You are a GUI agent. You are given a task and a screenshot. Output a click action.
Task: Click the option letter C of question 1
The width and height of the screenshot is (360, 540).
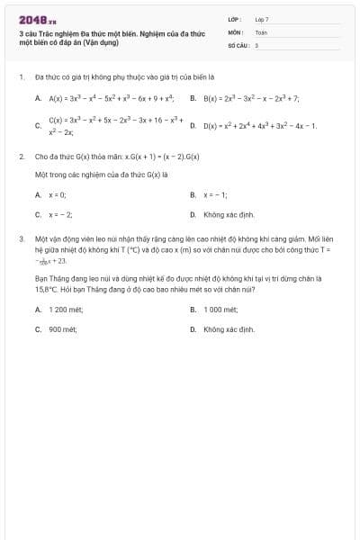(38, 126)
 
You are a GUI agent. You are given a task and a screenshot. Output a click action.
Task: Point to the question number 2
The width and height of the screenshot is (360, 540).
(21, 157)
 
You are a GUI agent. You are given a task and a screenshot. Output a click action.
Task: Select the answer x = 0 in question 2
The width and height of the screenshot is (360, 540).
(58, 194)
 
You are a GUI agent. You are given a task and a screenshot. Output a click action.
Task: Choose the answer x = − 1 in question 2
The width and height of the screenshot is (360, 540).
(215, 194)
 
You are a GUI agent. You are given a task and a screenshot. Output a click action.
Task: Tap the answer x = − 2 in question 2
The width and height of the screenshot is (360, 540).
(60, 215)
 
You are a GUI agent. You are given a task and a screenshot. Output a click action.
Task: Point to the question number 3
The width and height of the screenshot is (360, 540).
(21, 239)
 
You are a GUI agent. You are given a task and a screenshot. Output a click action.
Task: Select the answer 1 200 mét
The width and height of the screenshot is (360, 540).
(64, 309)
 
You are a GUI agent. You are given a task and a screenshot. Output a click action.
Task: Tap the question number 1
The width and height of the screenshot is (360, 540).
(21, 77)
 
